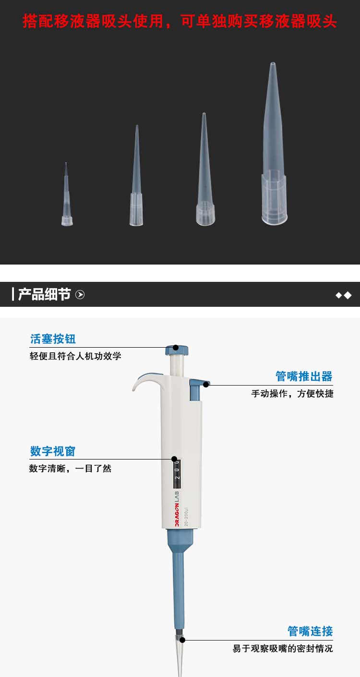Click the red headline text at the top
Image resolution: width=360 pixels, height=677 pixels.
180,21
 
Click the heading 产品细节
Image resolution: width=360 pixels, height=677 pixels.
45,294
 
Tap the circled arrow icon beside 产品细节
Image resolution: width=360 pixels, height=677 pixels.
80,294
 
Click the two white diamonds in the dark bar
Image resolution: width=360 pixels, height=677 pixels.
344,295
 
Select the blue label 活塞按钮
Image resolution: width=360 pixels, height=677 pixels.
53,339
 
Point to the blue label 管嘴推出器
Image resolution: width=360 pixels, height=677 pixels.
304,376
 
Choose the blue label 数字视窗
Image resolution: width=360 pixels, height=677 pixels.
53,451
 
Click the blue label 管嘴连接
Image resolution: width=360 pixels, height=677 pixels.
310,631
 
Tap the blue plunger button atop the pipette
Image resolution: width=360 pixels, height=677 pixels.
177,351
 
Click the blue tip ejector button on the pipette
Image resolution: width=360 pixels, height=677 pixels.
197,389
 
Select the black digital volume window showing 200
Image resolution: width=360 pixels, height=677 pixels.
177,473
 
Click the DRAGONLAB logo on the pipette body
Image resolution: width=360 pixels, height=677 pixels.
177,508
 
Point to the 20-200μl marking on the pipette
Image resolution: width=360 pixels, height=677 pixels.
186,517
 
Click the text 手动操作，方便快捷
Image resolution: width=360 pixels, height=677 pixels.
292,394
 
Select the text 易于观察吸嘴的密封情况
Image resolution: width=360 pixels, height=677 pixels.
283,648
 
